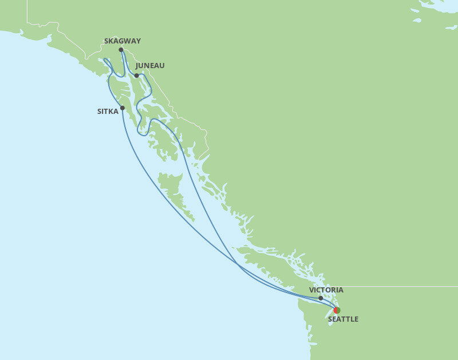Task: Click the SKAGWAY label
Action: [123, 41]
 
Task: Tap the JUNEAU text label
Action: [150, 66]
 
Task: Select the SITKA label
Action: [108, 112]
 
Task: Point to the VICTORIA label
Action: [326, 290]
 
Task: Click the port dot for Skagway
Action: [121, 50]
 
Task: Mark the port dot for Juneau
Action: [136, 76]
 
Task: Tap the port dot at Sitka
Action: [123, 108]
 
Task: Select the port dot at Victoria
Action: [321, 298]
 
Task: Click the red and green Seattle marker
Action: [337, 310]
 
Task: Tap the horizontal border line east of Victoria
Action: [401, 286]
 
